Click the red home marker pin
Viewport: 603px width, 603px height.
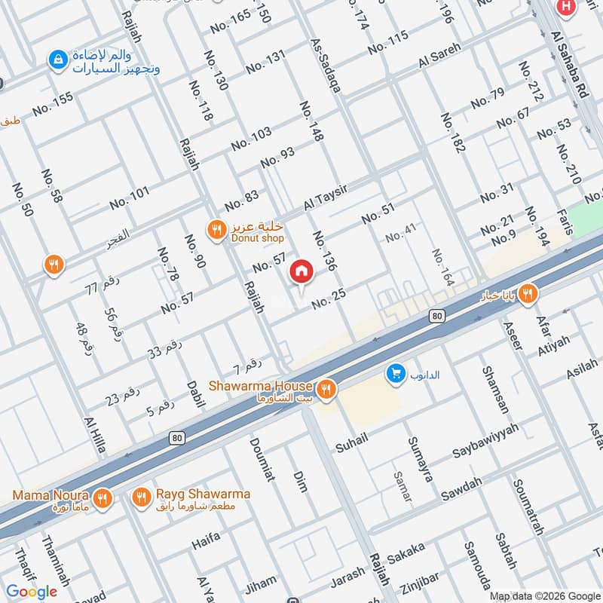[x=301, y=271]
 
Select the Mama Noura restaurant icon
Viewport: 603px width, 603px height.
[x=103, y=497]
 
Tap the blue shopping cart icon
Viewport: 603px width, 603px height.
[x=394, y=372]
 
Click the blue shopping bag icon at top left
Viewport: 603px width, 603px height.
[x=56, y=58]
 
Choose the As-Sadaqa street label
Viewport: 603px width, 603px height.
[x=326, y=67]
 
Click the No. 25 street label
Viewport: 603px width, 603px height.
[x=328, y=301]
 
